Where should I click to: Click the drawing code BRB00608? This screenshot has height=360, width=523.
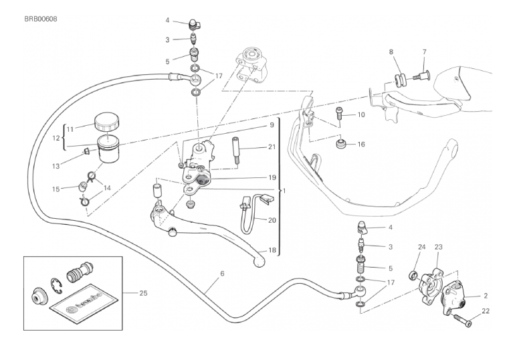click(39, 19)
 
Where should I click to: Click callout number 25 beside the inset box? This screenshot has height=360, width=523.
click(144, 292)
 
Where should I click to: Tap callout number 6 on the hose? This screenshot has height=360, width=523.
click(222, 273)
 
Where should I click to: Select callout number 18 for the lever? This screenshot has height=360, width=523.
click(272, 250)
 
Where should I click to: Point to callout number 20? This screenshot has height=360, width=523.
click(272, 219)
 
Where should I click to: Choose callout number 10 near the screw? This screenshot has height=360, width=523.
click(360, 115)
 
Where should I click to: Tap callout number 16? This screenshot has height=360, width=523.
click(360, 144)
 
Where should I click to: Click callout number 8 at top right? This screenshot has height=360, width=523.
click(392, 52)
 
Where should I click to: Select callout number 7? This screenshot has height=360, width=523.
click(423, 52)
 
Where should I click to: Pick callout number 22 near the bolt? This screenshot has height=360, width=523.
click(486, 310)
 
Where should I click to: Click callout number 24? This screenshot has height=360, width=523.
click(421, 247)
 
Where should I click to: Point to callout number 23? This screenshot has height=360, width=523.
click(439, 247)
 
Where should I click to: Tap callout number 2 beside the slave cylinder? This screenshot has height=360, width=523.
click(486, 295)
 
